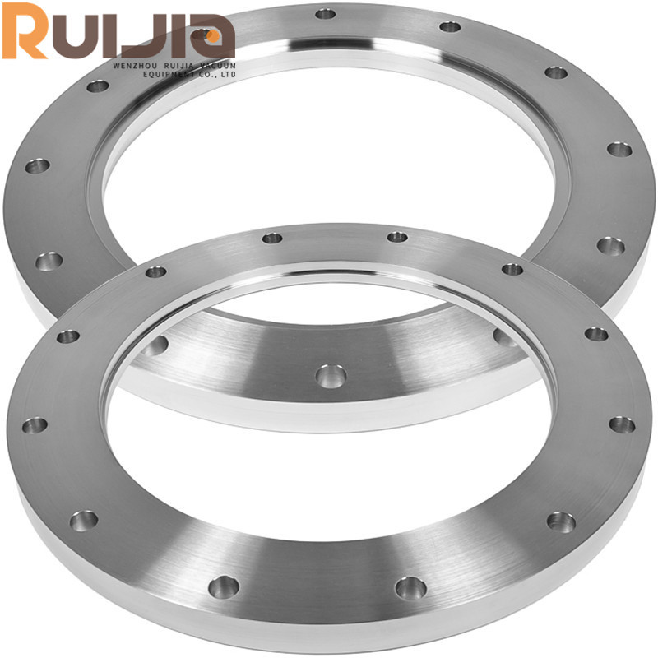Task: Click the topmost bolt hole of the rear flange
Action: tap(326, 14)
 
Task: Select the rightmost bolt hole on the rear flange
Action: tap(619, 149)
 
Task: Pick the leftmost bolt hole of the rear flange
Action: tap(36, 166)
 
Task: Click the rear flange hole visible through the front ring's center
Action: tap(330, 376)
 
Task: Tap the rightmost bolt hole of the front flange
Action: tap(622, 424)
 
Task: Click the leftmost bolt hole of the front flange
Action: tap(35, 425)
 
